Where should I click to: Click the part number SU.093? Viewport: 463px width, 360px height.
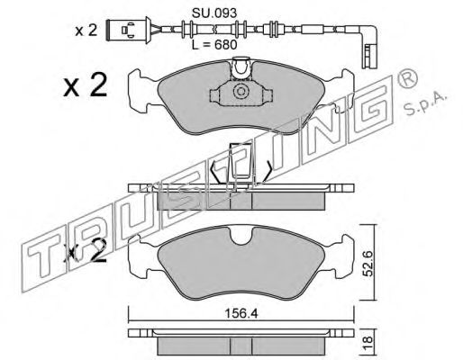[214, 13]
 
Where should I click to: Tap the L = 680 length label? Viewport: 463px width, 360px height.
[214, 45]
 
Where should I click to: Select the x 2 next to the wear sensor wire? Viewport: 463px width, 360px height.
[86, 31]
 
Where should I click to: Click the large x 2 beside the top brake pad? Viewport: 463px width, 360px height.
[86, 85]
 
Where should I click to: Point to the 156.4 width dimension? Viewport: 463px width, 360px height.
[241, 314]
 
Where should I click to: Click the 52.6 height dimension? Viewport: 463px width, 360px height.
[368, 264]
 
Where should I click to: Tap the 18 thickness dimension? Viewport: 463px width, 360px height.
[368, 340]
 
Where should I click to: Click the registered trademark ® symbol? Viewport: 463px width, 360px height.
[407, 77]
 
